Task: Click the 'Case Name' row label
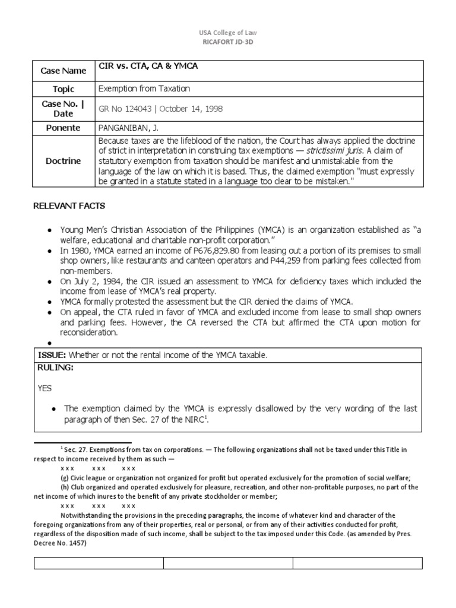click(x=63, y=71)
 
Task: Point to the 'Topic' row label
click(x=63, y=89)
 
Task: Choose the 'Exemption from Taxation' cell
click(x=144, y=88)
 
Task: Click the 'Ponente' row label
click(x=63, y=128)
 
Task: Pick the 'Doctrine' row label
click(x=63, y=161)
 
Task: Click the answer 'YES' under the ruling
click(x=45, y=388)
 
